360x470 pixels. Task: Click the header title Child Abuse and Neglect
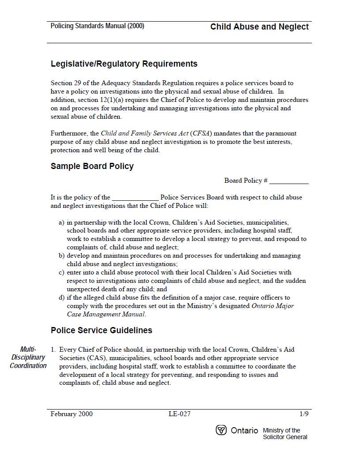point(259,27)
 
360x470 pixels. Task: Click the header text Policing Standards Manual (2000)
point(97,26)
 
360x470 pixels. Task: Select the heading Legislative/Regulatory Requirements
point(124,64)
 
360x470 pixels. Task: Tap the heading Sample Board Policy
point(92,166)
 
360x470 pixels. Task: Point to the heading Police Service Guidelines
point(101,331)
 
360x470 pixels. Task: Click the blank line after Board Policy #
point(289,181)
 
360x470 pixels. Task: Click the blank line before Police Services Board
point(135,198)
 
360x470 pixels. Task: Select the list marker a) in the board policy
point(61,222)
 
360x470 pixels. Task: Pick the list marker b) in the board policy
point(61,256)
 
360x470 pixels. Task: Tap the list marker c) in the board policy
point(61,273)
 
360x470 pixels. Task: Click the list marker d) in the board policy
point(61,298)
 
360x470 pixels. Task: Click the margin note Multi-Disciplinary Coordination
point(28,357)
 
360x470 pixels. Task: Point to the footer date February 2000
point(72,414)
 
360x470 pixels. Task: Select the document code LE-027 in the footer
point(179,414)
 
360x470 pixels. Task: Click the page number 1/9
point(304,414)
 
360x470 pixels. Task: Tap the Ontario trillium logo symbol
point(221,430)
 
